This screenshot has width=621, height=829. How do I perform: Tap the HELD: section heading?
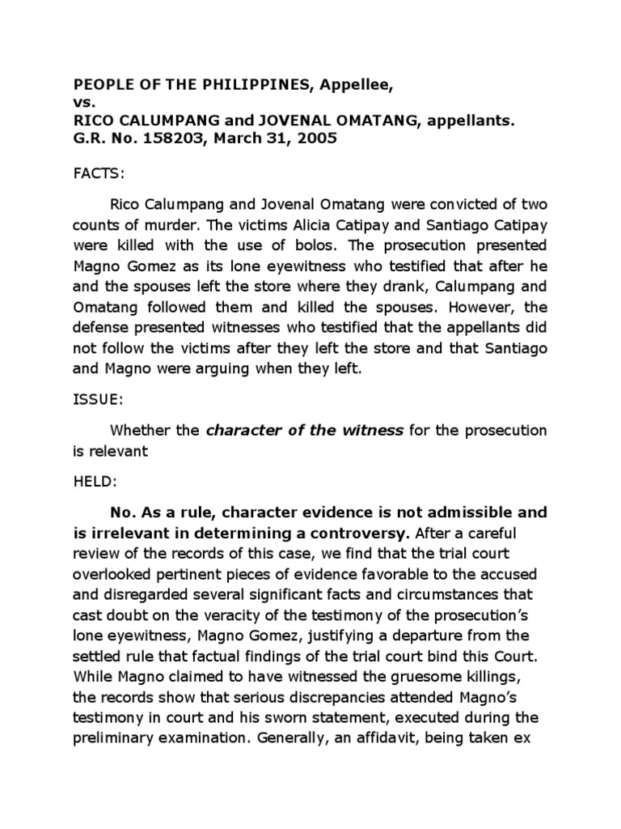[95, 482]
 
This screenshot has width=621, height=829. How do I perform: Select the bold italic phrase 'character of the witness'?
[305, 431]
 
